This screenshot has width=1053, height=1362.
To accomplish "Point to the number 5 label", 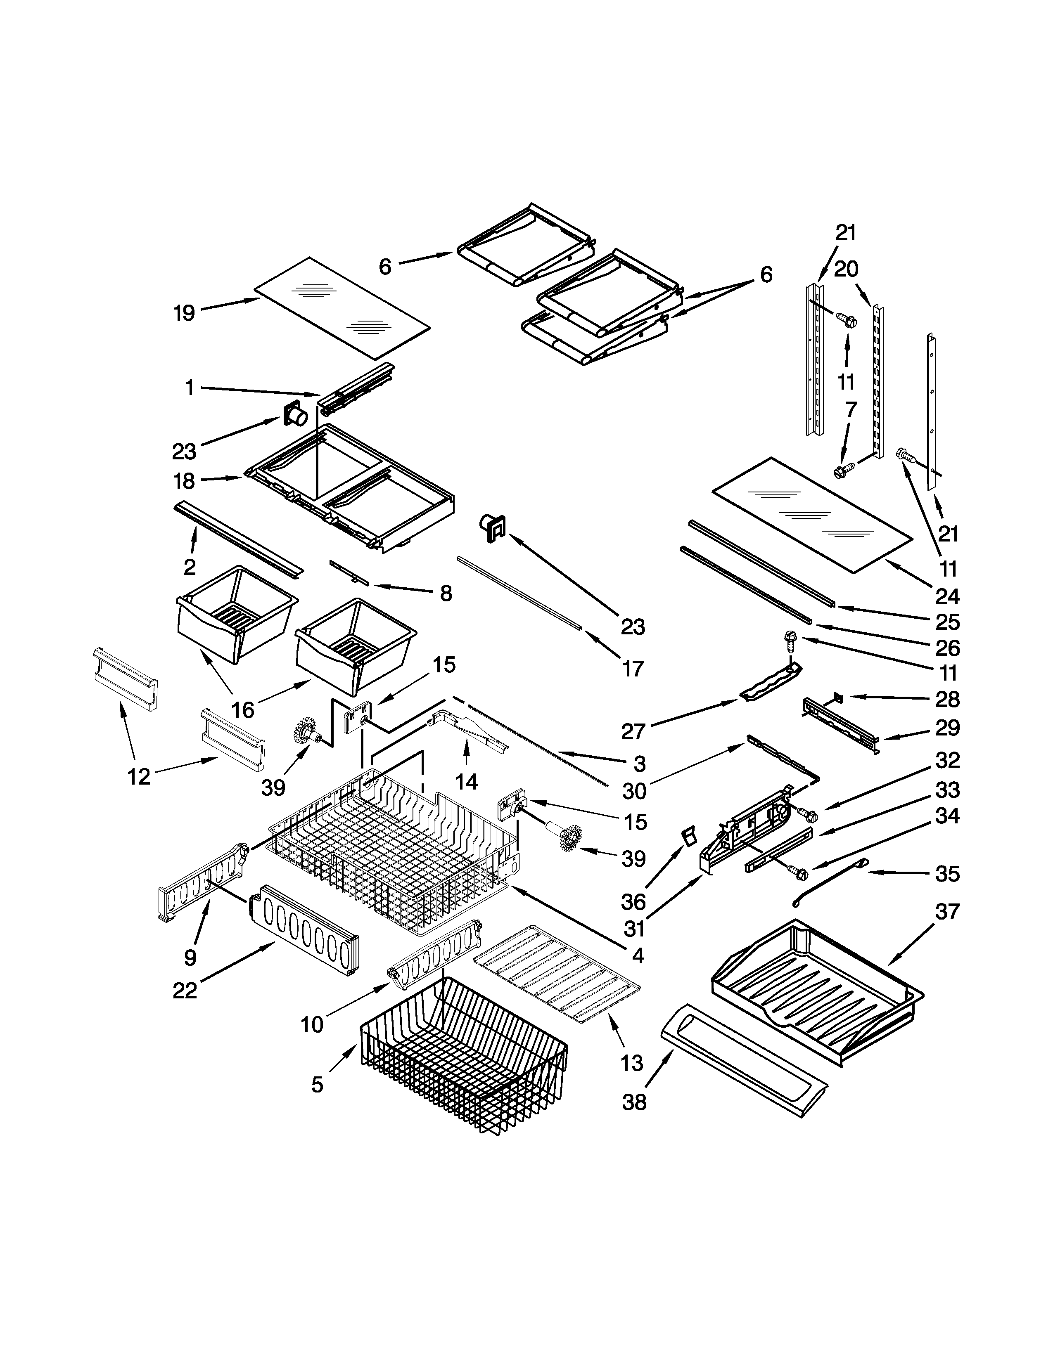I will click(318, 1085).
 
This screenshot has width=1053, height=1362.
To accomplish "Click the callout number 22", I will click(185, 990).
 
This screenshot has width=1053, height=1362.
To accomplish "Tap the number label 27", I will click(633, 731).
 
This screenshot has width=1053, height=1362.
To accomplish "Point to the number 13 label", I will click(632, 1063).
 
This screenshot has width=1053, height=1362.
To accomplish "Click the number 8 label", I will click(446, 594).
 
